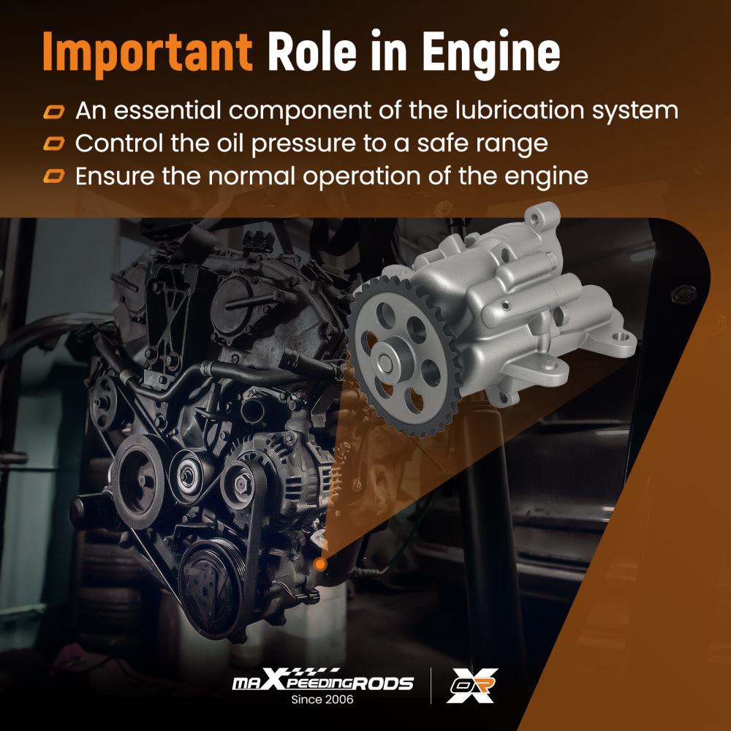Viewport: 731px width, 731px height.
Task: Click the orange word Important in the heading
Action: coord(148,52)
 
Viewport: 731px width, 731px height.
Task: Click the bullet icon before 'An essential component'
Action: coord(54,112)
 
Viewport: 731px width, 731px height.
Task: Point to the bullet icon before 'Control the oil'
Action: coord(54,143)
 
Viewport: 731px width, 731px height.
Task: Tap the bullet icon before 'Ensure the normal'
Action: coord(54,176)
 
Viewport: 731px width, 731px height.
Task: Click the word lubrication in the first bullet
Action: coord(519,110)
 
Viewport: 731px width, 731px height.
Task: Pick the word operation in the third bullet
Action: coord(363,178)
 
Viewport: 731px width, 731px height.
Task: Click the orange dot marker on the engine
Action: coord(320,564)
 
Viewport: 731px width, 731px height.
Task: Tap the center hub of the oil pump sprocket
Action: coord(387,360)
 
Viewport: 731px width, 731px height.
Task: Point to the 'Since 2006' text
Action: coord(322,700)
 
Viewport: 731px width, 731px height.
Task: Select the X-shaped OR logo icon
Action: coord(472,685)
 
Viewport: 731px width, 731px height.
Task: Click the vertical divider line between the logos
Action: coord(431,686)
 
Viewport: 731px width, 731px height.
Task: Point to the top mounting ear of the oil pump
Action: coord(542,216)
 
